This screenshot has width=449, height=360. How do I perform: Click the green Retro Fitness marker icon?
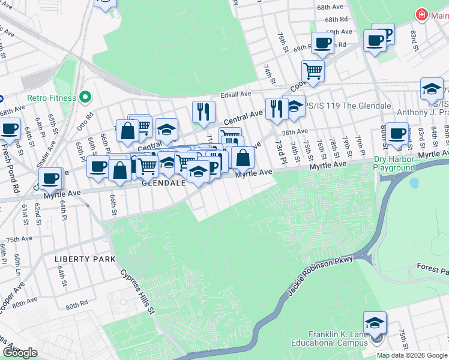click(x=85, y=97)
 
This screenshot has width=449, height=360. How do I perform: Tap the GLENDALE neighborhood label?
click(x=163, y=184)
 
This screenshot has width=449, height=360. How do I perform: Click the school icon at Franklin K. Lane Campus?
click(x=375, y=323)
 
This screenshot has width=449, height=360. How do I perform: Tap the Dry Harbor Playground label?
click(x=394, y=164)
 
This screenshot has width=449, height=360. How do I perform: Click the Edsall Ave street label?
click(x=236, y=94)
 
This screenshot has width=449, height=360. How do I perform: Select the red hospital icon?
click(x=423, y=13)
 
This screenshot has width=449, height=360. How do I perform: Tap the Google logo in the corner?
click(x=20, y=353)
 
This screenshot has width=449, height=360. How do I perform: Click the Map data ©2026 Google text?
click(x=412, y=355)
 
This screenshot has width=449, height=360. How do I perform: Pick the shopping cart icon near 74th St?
click(x=313, y=71)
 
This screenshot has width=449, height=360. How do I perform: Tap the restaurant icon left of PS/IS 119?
click(x=276, y=109)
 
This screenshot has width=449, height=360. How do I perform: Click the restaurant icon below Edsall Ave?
click(x=203, y=111)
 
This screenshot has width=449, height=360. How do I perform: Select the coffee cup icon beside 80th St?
click(x=396, y=133)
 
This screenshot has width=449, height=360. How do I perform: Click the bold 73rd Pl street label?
click(x=280, y=150)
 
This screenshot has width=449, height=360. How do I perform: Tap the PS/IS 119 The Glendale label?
click(x=348, y=106)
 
